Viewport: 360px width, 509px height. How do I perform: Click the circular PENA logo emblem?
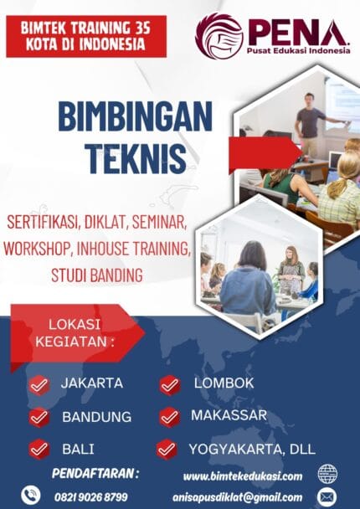[x=219, y=36]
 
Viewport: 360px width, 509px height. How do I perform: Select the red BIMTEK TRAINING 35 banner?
[x=86, y=37]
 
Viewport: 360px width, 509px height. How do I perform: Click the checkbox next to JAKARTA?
[x=39, y=384]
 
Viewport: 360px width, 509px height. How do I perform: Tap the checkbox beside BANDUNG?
[x=39, y=417]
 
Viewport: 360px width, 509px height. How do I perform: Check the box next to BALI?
[x=39, y=449]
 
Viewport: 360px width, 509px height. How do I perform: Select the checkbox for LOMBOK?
[x=170, y=384]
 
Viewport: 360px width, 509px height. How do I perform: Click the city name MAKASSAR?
[x=229, y=415]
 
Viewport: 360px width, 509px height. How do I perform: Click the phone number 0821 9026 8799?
[x=90, y=496]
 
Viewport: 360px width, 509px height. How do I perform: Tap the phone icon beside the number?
[x=31, y=495]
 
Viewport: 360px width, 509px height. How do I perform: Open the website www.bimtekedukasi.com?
[x=243, y=476]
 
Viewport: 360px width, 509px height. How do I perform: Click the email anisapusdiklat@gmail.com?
[x=244, y=497]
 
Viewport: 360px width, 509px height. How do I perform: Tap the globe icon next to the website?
[x=327, y=475]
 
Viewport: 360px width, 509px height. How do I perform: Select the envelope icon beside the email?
[x=327, y=497]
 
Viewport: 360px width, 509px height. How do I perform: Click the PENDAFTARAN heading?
[x=95, y=473]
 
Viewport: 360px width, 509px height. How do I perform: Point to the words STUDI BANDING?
[x=96, y=275]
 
